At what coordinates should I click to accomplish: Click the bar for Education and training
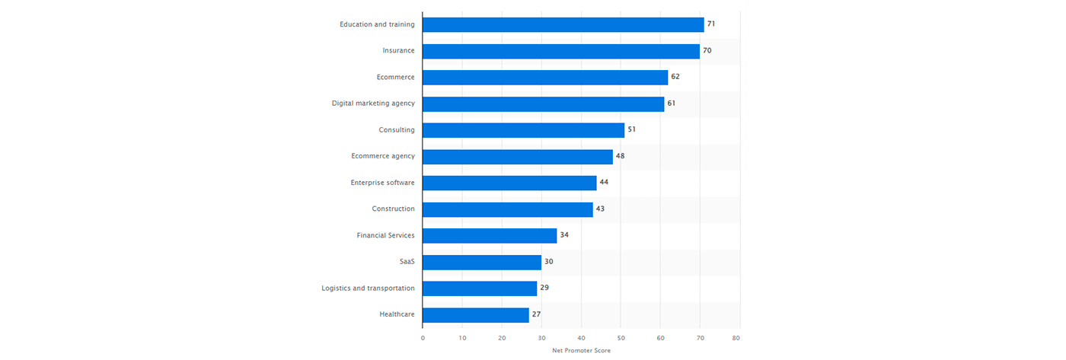[x=563, y=24]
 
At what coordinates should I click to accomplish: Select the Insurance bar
[x=560, y=51]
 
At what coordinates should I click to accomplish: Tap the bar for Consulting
[x=523, y=130]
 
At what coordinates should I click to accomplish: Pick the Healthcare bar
[x=475, y=315]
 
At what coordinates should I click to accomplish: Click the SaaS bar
[x=481, y=262]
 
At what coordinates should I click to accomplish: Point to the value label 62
[x=675, y=77]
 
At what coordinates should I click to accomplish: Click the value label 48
[x=621, y=156]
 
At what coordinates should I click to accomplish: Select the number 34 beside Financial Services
[x=564, y=235]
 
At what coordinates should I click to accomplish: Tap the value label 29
[x=544, y=288]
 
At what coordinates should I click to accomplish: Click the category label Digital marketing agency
[x=373, y=104]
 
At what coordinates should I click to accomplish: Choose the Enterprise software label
[x=382, y=183]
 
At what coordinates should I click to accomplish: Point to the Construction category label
[x=393, y=209]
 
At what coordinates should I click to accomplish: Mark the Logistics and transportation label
[x=368, y=288]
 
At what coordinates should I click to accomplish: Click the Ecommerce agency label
[x=383, y=156]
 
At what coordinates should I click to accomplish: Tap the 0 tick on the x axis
[x=423, y=336]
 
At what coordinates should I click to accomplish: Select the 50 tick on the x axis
[x=621, y=336]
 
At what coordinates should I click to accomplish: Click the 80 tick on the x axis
[x=736, y=336]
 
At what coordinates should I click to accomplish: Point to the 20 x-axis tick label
[x=502, y=336]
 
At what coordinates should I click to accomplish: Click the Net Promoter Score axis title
[x=581, y=351]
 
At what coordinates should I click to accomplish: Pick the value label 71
[x=711, y=24]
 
